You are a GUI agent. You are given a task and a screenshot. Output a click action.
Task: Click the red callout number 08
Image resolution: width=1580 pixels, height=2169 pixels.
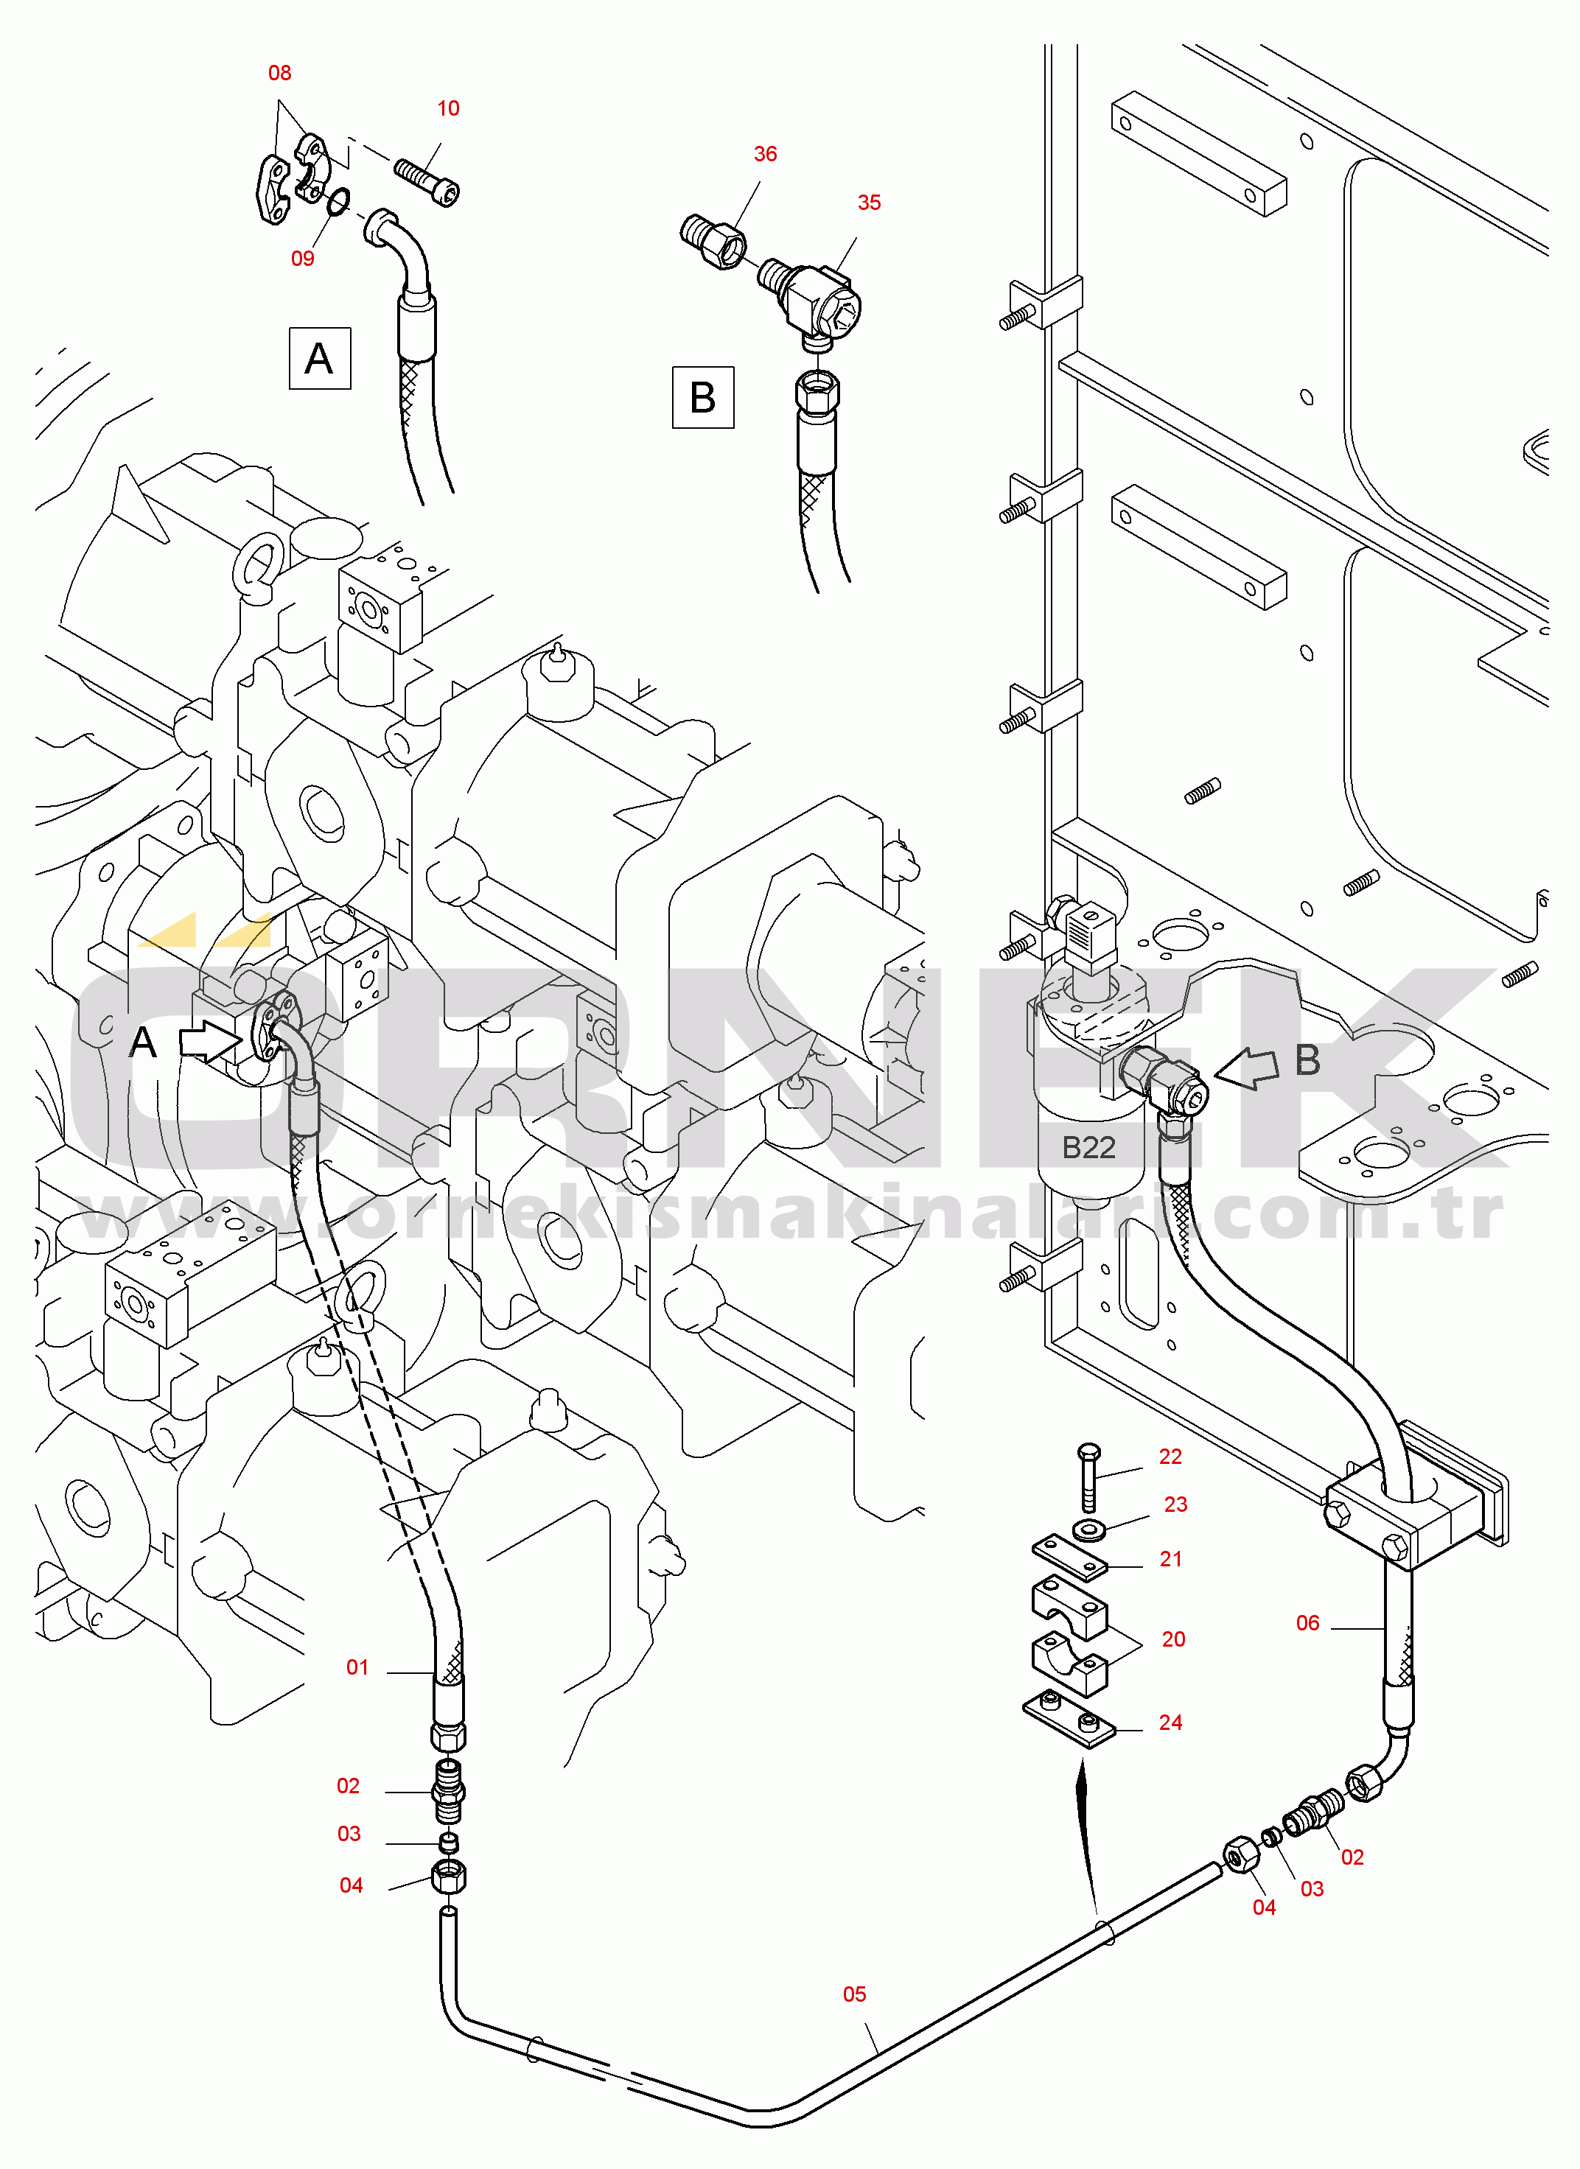(279, 74)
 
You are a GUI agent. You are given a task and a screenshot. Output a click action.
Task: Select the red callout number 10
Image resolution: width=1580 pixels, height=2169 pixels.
(447, 109)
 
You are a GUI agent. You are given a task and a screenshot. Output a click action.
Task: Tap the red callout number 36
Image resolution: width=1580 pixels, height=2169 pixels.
(765, 154)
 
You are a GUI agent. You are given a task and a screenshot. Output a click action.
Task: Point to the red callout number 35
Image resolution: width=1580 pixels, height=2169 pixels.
(868, 203)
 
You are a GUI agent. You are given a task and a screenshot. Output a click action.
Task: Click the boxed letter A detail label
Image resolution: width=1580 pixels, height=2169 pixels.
(319, 359)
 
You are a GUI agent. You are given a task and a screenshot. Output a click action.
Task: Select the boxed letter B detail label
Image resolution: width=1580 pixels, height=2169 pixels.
(703, 397)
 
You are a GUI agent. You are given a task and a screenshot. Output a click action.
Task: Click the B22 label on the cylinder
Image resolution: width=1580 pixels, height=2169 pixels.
(1088, 1148)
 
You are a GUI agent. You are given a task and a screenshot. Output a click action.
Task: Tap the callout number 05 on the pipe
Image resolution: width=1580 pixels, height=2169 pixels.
(854, 1994)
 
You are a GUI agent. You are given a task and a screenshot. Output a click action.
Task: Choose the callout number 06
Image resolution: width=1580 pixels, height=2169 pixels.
(1307, 1623)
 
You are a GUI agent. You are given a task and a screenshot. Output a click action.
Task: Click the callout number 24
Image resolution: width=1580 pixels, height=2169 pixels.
(1171, 1723)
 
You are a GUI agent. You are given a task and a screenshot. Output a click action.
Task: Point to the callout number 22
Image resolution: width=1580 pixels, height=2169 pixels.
(1171, 1457)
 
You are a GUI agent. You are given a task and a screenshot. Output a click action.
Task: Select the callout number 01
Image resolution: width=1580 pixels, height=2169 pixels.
(357, 1668)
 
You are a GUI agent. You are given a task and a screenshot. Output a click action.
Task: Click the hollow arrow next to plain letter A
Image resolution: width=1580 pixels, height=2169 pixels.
(211, 1040)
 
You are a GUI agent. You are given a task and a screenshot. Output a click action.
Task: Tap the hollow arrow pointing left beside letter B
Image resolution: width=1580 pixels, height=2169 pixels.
(1246, 1068)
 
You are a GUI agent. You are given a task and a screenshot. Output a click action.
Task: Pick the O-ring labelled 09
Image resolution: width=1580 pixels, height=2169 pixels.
(337, 201)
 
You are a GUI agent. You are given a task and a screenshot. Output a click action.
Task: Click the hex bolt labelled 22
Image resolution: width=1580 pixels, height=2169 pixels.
(1088, 1478)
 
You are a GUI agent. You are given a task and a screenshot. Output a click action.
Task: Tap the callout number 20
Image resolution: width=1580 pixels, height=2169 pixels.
(1173, 1639)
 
